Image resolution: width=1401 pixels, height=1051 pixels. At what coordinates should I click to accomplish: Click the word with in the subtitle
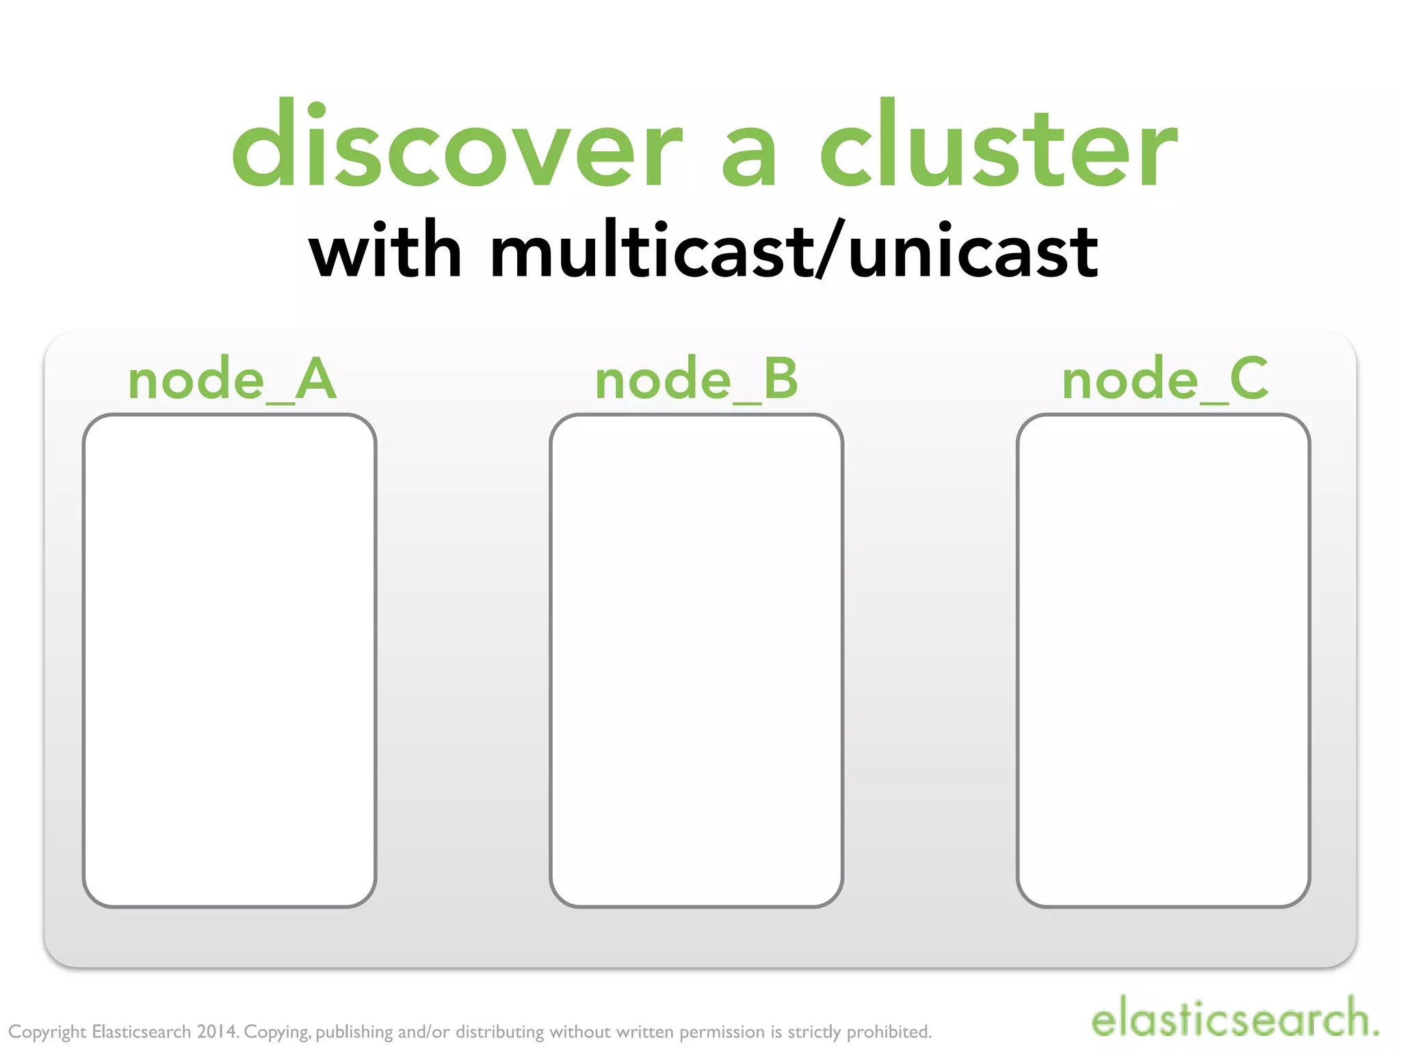tap(385, 251)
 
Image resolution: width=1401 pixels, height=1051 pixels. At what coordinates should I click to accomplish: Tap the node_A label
tap(232, 380)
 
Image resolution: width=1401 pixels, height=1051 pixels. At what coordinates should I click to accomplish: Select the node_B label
tap(696, 380)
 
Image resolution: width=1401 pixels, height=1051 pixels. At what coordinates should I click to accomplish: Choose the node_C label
tap(1164, 380)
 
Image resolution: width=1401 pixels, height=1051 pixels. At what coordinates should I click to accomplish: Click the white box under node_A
tap(230, 660)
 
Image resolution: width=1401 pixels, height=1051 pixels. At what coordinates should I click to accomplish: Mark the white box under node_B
tap(696, 660)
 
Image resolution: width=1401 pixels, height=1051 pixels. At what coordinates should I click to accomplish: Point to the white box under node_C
tap(1164, 660)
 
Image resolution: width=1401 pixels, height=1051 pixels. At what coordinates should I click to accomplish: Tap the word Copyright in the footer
tap(47, 1032)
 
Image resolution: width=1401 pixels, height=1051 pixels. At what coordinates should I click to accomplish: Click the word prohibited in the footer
tap(889, 1031)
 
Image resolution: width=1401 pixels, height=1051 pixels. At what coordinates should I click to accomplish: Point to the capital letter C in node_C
tap(1249, 378)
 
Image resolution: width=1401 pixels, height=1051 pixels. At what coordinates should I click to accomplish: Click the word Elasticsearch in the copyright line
tap(141, 1031)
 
